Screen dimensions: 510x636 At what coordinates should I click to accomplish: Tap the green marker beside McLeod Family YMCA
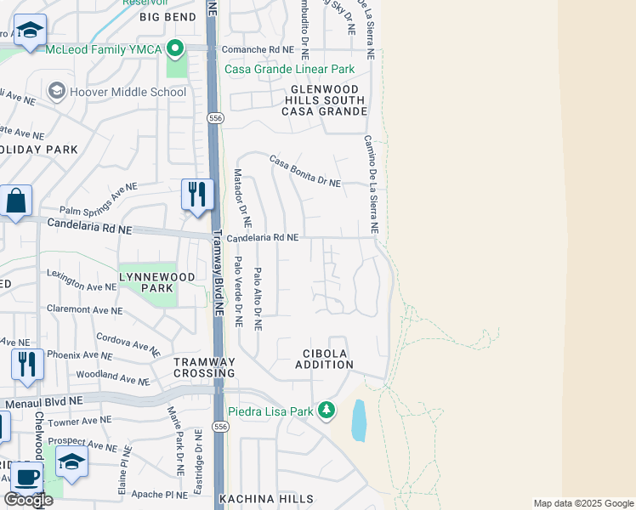176,48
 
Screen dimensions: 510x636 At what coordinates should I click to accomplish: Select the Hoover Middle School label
128,93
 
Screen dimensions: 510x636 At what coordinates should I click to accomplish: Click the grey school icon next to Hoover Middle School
57,91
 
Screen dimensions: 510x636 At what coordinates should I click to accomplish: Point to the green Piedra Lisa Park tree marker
326,411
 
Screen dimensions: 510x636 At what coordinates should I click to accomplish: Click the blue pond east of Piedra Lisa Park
359,421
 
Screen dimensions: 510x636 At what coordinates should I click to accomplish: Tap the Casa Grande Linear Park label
288,69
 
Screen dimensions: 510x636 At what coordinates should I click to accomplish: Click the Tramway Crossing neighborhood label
204,367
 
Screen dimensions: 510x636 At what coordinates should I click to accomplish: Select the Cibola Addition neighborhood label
324,359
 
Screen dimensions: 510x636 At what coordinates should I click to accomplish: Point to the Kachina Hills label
266,499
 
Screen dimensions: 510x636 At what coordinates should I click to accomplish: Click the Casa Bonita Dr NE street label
305,171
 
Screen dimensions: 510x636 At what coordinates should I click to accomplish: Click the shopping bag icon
15,201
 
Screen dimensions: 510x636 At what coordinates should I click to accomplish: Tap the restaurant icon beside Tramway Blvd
196,194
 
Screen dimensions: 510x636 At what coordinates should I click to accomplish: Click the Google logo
28,500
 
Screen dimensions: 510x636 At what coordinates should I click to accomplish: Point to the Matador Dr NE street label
242,197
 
